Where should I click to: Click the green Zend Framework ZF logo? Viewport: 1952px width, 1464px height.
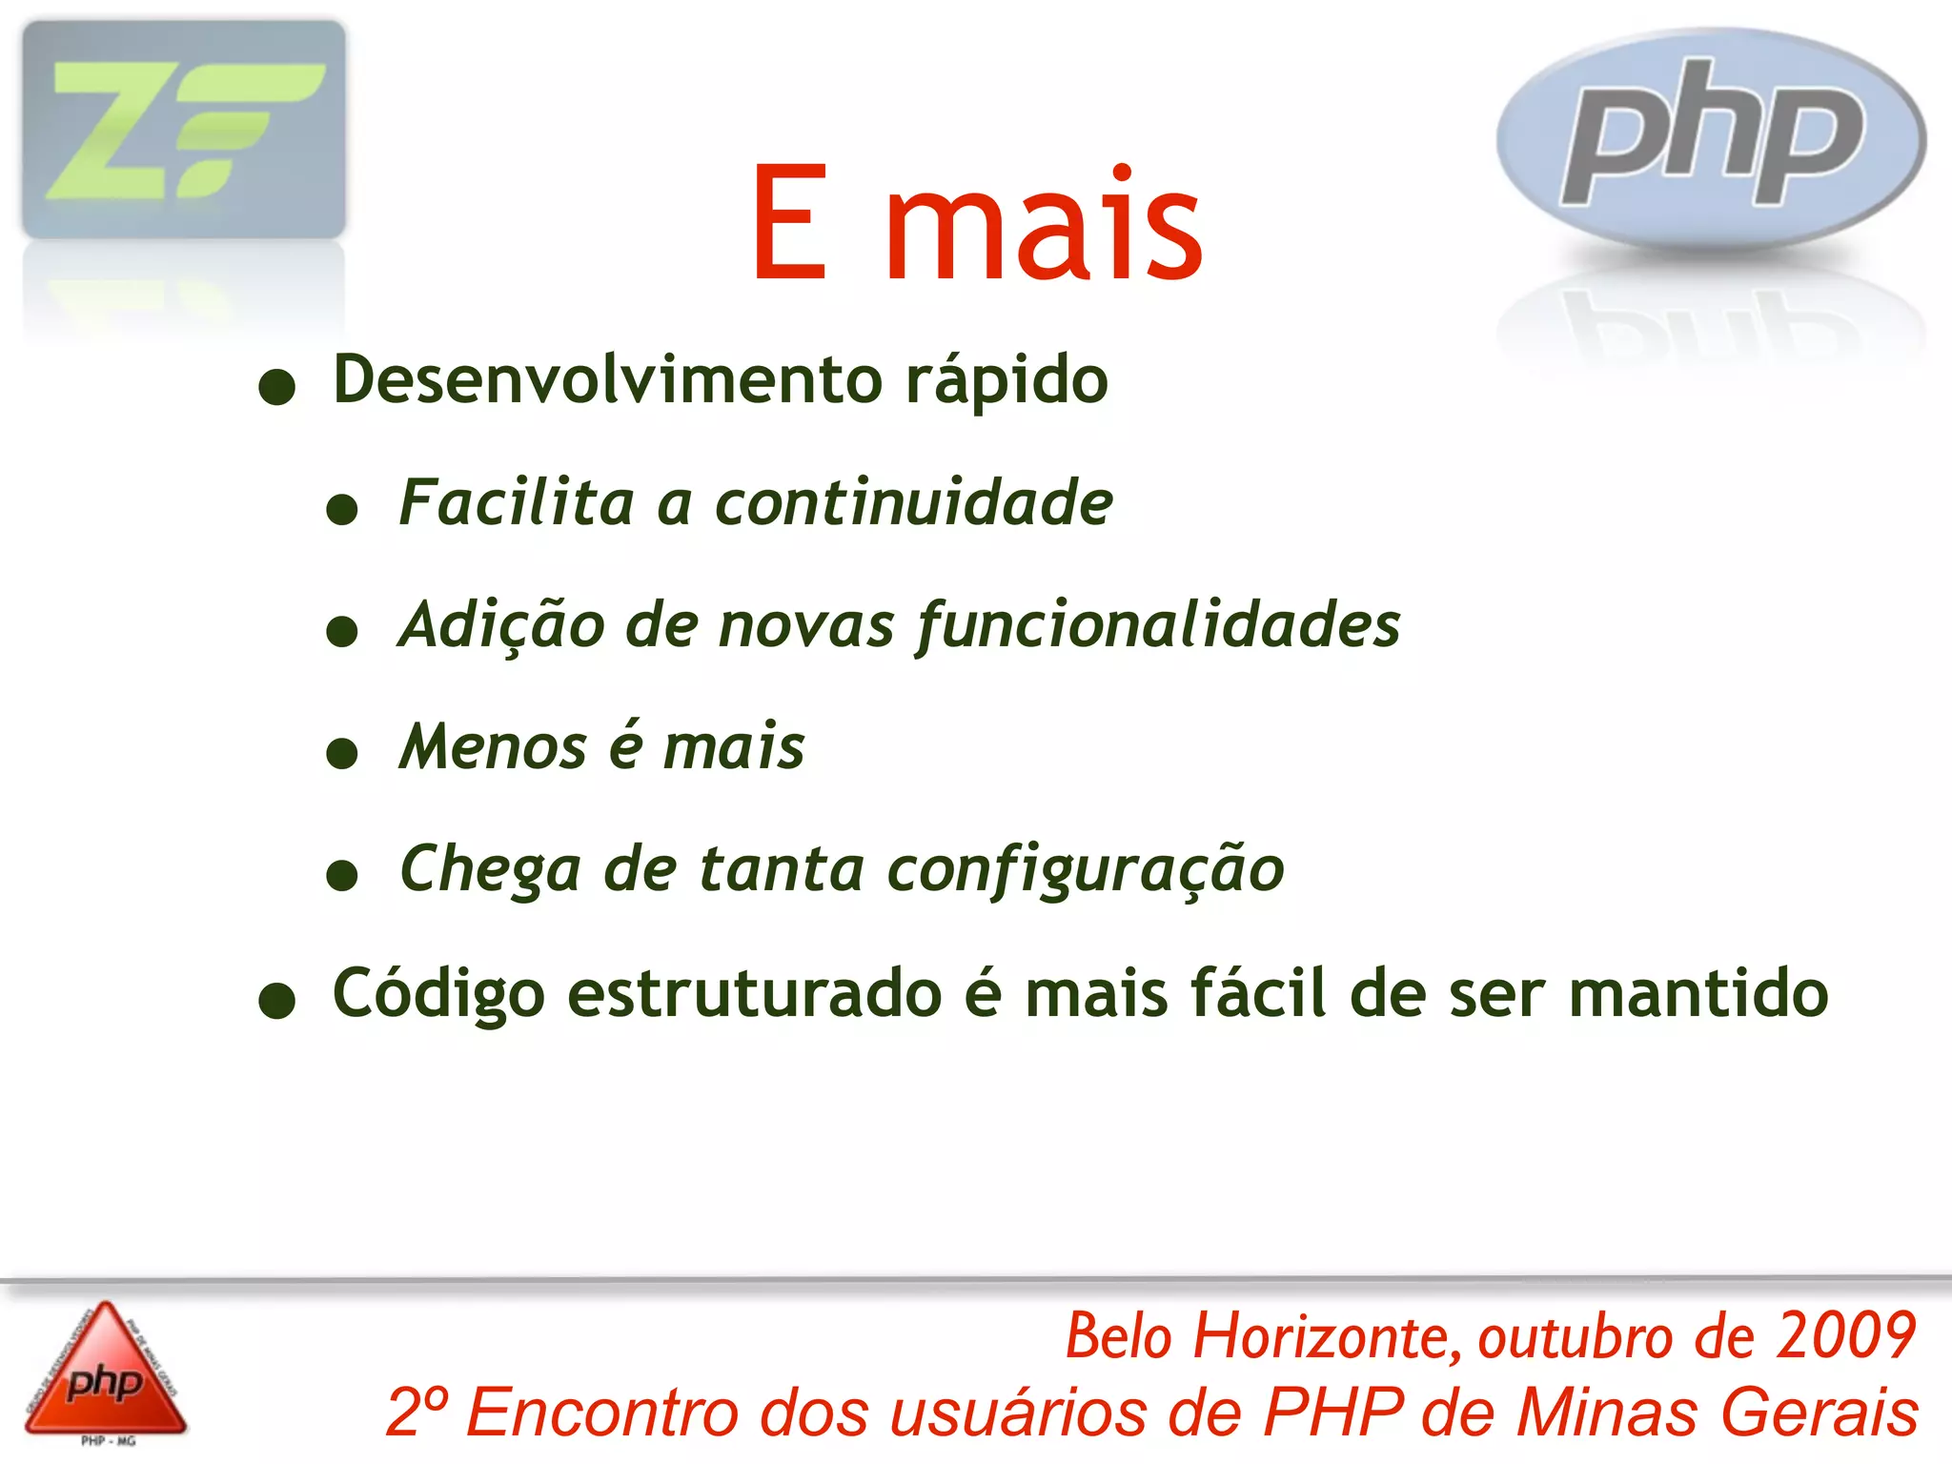click(x=184, y=130)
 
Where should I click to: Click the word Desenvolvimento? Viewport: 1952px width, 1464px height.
click(x=608, y=379)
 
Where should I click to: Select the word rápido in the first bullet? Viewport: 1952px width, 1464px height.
click(x=1006, y=381)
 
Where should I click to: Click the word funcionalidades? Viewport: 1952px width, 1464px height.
click(x=1158, y=626)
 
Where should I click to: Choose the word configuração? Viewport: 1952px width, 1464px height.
click(x=1086, y=869)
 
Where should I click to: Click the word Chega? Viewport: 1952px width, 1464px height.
click(x=490, y=869)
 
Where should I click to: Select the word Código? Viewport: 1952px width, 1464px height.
click(x=439, y=995)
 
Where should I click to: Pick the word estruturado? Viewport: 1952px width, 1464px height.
click(x=755, y=993)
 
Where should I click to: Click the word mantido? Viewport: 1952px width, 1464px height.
click(x=1698, y=993)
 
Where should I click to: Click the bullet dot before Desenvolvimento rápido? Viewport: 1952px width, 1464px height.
click(x=277, y=387)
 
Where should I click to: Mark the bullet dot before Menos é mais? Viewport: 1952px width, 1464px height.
click(x=341, y=754)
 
